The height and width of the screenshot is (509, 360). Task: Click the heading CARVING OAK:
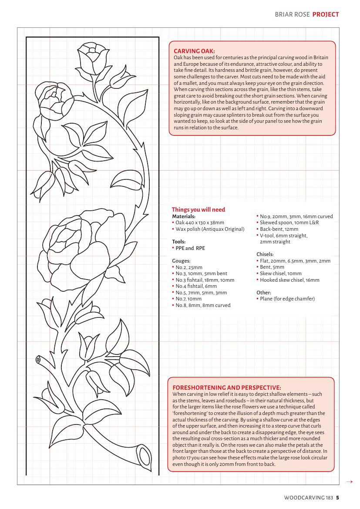(x=194, y=51)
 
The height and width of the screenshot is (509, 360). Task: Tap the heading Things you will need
(x=199, y=209)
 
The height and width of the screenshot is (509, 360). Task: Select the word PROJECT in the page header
(x=326, y=14)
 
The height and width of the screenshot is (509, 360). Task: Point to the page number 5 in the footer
(x=337, y=497)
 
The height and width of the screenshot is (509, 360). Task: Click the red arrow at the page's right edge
(x=349, y=482)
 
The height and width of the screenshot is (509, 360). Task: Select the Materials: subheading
(x=184, y=216)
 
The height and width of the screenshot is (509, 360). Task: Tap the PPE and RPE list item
(x=190, y=248)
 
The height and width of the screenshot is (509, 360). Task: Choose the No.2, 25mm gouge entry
(x=188, y=267)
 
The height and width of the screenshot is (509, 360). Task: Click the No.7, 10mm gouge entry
(x=188, y=299)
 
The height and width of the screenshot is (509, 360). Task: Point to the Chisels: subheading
(x=265, y=254)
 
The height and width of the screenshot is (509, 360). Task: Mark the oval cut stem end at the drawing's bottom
(x=143, y=457)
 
